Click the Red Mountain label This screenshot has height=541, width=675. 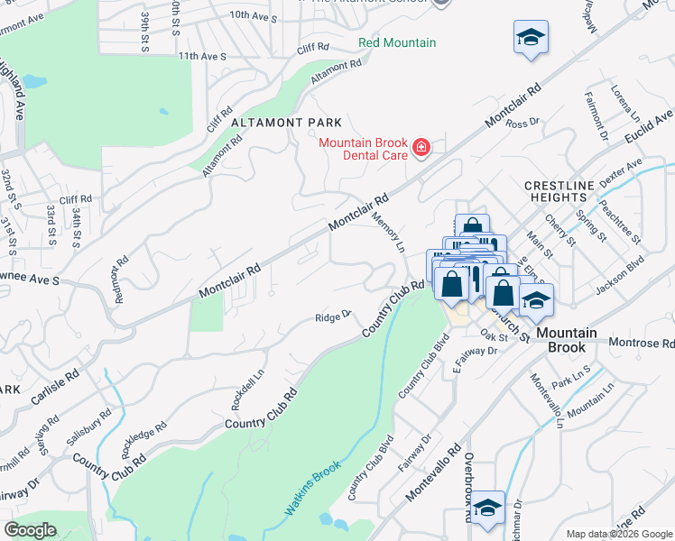pos(397,42)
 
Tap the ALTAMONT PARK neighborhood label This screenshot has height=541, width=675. pos(286,123)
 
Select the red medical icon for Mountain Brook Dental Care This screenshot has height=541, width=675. pos(421,147)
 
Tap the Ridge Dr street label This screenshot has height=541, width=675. pos(331,317)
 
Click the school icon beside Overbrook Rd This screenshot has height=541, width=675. pos(487,509)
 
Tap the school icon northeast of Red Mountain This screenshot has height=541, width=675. pos(531,38)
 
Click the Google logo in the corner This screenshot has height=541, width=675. pos(31,529)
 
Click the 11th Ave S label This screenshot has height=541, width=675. pos(201,56)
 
